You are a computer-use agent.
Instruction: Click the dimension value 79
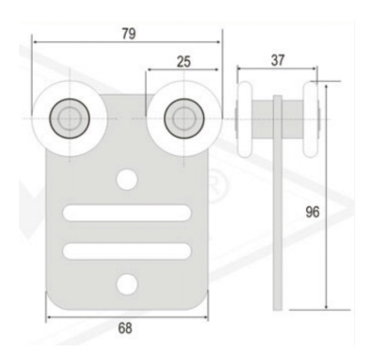(128, 34)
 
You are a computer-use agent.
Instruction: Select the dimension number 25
(184, 62)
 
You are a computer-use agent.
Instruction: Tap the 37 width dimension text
(278, 60)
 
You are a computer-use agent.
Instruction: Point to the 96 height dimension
(312, 211)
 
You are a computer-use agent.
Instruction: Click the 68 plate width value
(125, 328)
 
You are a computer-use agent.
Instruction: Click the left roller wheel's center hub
(70, 118)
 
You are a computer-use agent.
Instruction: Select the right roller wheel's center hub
(184, 118)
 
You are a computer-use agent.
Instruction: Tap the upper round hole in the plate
(127, 180)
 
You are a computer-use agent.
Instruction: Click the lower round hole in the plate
(127, 285)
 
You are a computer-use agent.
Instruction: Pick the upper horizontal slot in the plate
(127, 213)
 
